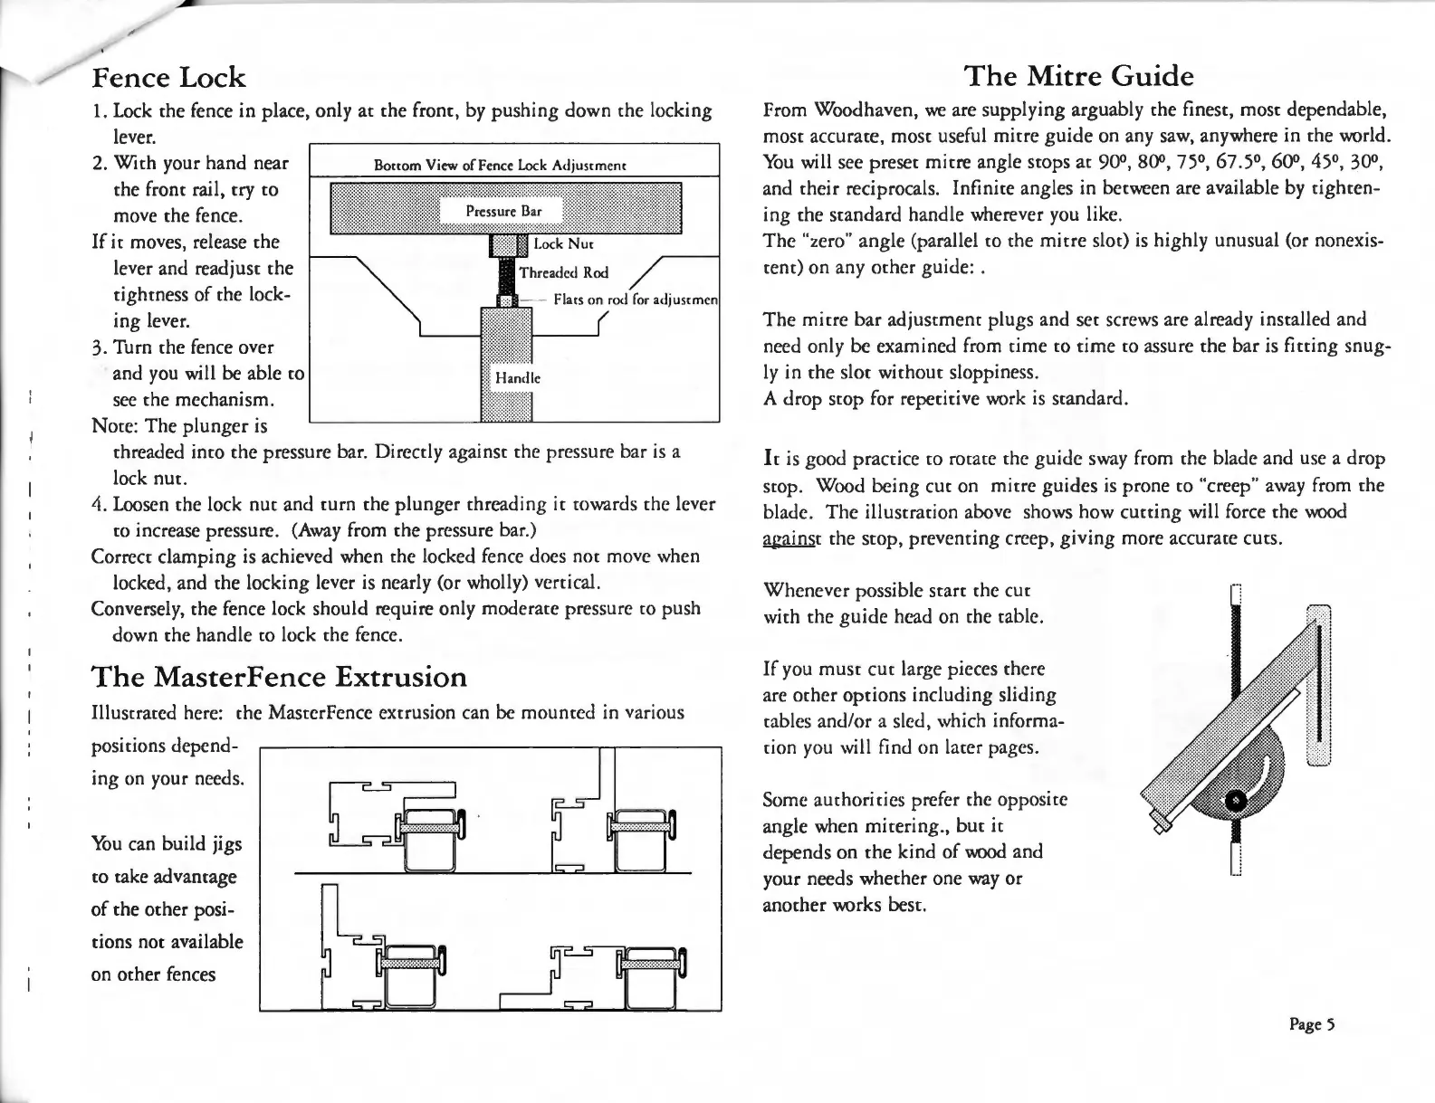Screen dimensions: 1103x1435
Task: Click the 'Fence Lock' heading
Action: point(169,77)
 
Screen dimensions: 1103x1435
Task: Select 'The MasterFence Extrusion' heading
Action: point(280,677)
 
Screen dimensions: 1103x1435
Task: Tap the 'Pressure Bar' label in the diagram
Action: point(503,211)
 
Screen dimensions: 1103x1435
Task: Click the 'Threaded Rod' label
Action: point(563,272)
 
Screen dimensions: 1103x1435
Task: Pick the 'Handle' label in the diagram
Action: point(516,378)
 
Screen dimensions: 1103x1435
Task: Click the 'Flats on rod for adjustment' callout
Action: point(634,300)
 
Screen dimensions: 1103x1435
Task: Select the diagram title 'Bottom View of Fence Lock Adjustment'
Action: point(502,166)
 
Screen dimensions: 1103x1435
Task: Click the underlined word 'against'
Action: point(789,538)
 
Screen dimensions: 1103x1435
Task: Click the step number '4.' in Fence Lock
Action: point(100,503)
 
